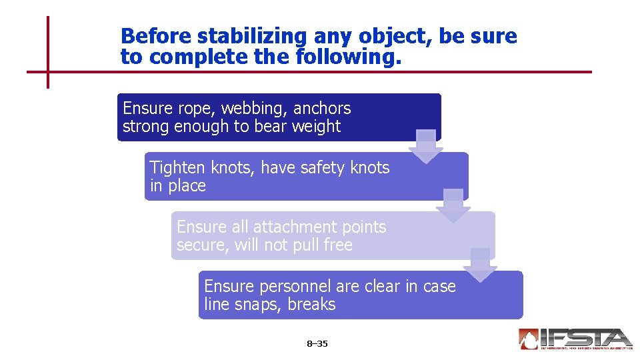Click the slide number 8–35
point(317,344)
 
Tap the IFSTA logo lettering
point(587,337)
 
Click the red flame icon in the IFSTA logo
point(529,339)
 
